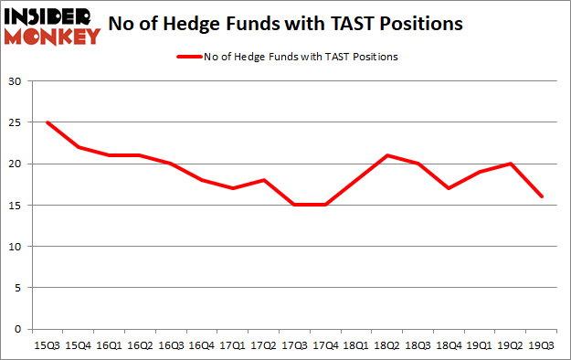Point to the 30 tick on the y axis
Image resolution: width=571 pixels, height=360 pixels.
(15, 81)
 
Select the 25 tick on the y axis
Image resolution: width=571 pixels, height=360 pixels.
(15, 122)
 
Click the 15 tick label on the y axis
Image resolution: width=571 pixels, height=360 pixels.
(15, 206)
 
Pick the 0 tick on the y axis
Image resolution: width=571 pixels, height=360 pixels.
(18, 329)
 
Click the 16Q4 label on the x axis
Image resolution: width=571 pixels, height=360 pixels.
(202, 345)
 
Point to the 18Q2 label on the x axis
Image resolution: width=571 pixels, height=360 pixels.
(388, 345)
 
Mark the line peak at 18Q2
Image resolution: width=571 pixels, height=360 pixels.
(388, 155)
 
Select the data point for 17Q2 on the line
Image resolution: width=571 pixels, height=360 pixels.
(264, 180)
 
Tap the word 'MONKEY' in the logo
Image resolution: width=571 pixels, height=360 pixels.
(54, 37)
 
